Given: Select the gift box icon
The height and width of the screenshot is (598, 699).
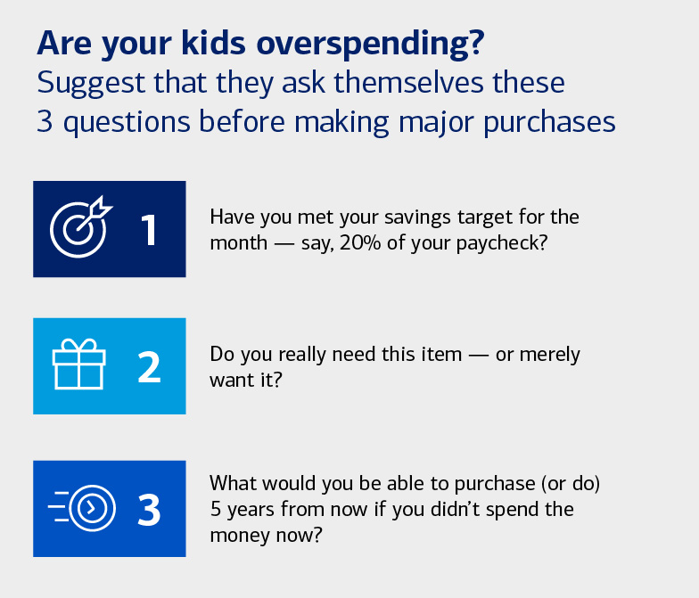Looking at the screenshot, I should pos(78,366).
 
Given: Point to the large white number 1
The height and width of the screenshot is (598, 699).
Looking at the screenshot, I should pos(149,229).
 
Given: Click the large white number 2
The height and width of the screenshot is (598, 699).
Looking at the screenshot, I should pos(149,367).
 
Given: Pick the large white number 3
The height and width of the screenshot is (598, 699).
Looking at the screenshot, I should pos(149,510).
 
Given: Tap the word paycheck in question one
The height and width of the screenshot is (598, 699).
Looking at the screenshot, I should pos(504,242).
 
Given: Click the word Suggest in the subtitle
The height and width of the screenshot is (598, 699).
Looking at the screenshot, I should pos(86,83).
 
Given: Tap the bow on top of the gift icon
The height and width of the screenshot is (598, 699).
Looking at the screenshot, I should pos(78,344).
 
